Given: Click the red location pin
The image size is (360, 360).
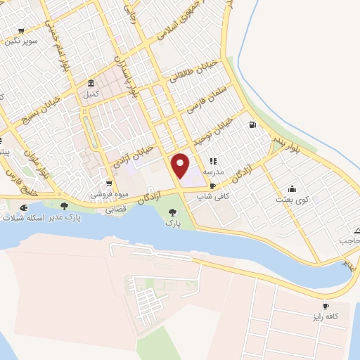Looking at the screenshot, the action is tap(181, 165).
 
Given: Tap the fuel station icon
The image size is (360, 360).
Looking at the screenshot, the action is tap(252, 125).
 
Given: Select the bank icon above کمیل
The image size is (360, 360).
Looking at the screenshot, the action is tap(91, 82).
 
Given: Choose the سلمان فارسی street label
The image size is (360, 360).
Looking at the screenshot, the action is tap(205, 99).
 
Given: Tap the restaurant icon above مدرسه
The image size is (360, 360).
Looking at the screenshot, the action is tap(213, 161).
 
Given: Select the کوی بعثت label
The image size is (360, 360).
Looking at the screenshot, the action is tap(291, 200).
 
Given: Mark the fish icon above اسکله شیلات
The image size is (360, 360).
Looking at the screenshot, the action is tap(25, 208).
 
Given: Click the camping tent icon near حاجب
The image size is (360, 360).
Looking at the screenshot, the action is tap(358, 231).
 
